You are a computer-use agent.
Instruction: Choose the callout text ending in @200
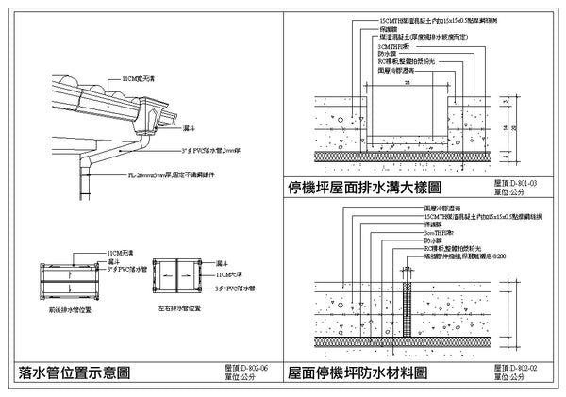pos(461,255)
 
